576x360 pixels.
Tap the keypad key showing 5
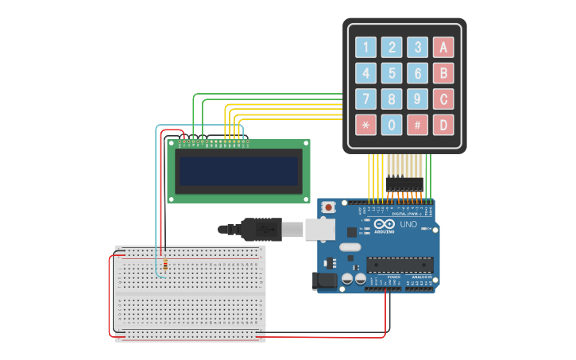coord(392,73)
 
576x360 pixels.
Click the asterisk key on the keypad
coord(365,125)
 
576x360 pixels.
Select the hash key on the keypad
coord(417,125)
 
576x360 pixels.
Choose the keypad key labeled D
coord(443,125)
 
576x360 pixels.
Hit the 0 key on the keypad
coord(392,125)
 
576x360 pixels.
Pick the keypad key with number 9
coord(417,99)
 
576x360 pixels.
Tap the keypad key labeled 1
coord(365,48)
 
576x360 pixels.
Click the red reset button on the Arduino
coord(328,207)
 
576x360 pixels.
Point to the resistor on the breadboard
coord(164,264)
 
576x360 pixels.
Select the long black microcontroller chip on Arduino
coord(399,265)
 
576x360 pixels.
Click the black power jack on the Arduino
coord(326,281)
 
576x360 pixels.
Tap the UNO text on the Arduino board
coord(408,225)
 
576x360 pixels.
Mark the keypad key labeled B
coord(443,73)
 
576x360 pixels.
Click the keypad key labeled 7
coord(365,99)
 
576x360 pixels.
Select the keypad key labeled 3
coord(417,48)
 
